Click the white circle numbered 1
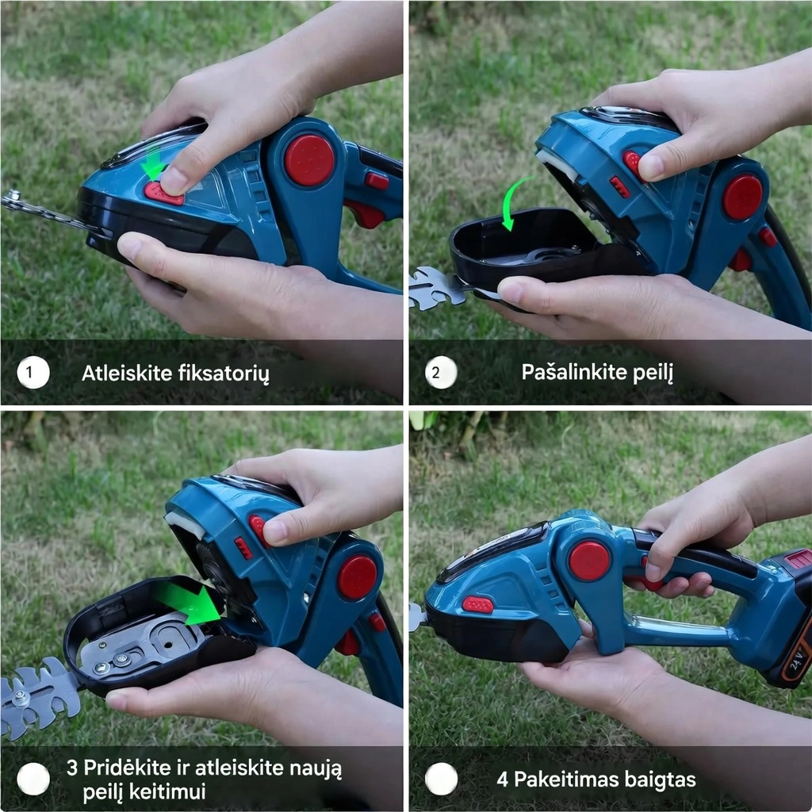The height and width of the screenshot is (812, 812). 33,373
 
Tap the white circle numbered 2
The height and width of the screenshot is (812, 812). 441,373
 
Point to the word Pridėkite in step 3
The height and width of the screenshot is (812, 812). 128,768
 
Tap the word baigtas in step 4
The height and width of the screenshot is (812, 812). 660,779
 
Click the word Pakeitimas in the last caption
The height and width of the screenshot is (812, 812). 566,779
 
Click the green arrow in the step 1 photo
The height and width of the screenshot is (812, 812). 154,162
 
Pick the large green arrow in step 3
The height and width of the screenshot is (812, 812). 189,603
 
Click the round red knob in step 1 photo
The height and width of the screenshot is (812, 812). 309,160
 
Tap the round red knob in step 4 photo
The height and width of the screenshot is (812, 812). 589,561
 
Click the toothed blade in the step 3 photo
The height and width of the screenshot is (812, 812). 40,696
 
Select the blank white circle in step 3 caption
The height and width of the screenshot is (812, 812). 33,779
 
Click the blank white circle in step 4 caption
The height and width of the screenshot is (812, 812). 441,779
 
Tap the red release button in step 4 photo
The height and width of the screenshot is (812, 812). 477,604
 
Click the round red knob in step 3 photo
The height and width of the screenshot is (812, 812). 358,577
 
